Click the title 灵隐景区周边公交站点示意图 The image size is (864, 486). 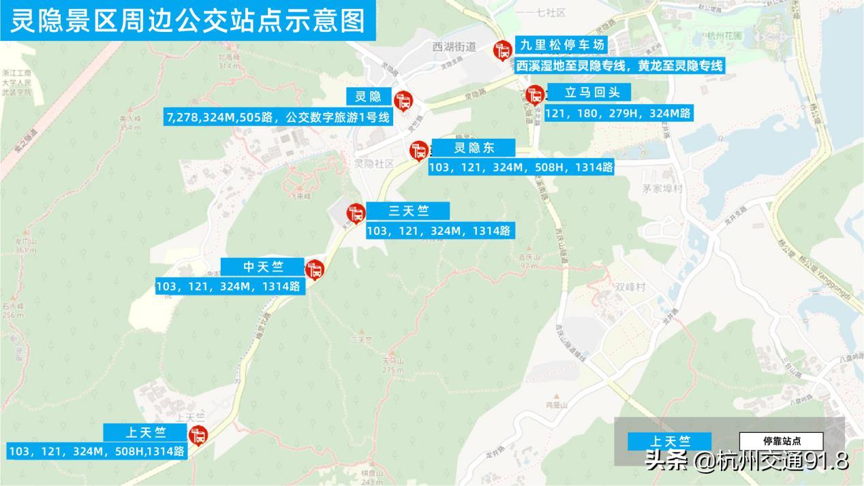coord(188,20)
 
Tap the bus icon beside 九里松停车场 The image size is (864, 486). coord(503,50)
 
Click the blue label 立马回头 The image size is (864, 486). coord(587,93)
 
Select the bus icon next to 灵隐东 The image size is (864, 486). coord(418,150)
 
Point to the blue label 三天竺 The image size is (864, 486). coord(408,211)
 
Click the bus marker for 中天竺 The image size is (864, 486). coord(314,270)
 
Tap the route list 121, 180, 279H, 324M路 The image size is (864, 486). coord(618,113)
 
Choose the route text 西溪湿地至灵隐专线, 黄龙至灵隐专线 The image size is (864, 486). coord(619,65)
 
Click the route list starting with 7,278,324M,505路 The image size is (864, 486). coord(279,117)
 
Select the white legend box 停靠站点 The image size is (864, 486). coord(781,441)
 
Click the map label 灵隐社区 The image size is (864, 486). coord(374,164)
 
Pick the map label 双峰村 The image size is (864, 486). coord(630,287)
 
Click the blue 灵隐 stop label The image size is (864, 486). coord(369,97)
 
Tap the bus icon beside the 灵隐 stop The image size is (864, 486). coord(403,101)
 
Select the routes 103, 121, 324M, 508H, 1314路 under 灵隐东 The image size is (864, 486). coord(521,167)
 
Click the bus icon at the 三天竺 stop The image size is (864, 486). coord(355,213)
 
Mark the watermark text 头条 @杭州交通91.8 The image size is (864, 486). coord(746,461)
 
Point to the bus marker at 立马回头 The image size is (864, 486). coord(535,95)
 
